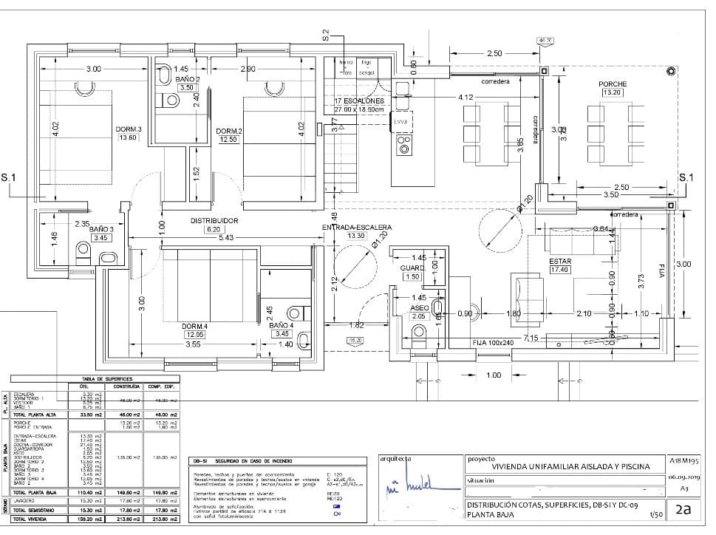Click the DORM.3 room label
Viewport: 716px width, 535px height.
pyautogui.click(x=129, y=129)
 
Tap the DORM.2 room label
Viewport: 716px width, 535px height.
pyautogui.click(x=229, y=132)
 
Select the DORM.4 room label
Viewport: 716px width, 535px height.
pyautogui.click(x=194, y=325)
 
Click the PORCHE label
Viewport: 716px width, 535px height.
pyautogui.click(x=613, y=84)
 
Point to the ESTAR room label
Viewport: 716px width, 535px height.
pyautogui.click(x=560, y=262)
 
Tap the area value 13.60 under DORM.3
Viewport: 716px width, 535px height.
pyautogui.click(x=128, y=137)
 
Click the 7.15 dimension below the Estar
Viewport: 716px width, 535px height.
pyautogui.click(x=531, y=338)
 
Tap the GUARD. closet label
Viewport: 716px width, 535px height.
pyautogui.click(x=412, y=267)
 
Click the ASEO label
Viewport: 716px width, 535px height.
pyautogui.click(x=419, y=307)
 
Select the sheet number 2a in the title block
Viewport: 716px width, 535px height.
pyautogui.click(x=683, y=508)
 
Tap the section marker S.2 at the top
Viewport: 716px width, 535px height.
pyautogui.click(x=325, y=35)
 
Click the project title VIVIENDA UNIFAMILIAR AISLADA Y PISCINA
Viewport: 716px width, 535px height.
pyautogui.click(x=570, y=466)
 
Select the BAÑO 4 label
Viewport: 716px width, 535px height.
pyautogui.click(x=282, y=325)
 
